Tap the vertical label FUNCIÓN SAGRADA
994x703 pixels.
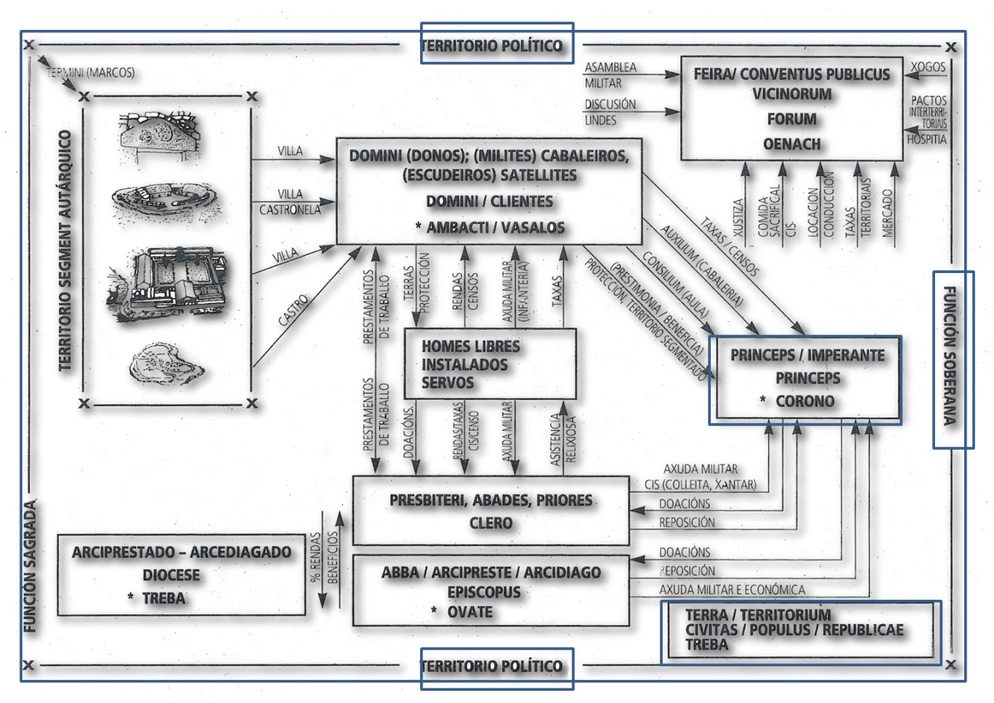tap(30, 566)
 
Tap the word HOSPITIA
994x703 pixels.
tap(928, 141)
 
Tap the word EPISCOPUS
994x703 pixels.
tap(490, 591)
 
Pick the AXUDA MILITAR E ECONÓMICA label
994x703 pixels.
tap(732, 590)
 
